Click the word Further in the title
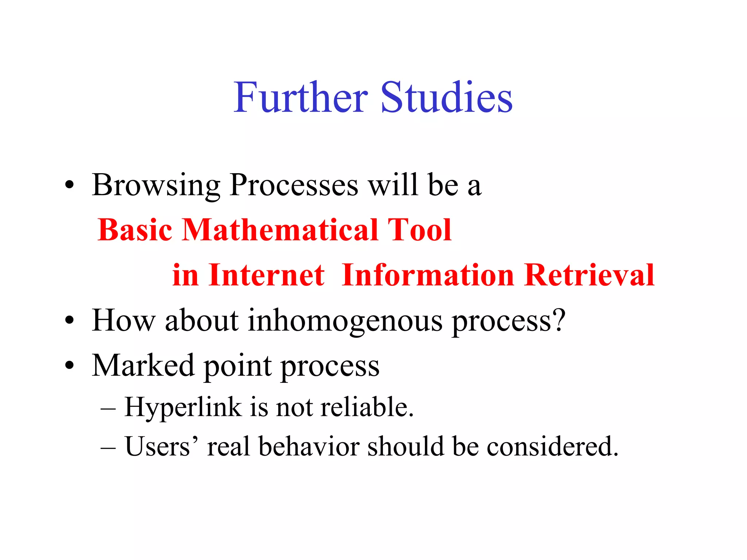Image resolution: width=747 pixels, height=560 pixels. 301,98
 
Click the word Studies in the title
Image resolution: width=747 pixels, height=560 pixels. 446,98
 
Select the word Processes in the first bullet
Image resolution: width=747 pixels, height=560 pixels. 294,185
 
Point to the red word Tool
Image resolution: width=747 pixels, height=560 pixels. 419,230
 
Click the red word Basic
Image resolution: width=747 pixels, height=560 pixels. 135,230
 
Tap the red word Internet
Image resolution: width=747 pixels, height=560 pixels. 267,275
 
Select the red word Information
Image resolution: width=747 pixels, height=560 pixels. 428,275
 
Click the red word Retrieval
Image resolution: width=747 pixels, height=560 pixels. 589,275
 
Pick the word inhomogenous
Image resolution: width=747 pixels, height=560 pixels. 345,321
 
